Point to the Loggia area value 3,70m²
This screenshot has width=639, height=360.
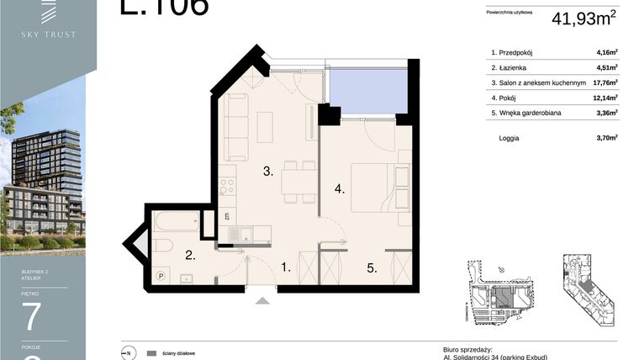(x=607, y=138)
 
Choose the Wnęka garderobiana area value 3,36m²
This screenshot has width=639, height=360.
(x=607, y=113)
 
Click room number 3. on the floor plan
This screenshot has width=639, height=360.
(x=268, y=172)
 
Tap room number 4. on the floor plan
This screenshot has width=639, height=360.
(x=340, y=189)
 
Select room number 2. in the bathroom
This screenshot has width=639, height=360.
(x=191, y=255)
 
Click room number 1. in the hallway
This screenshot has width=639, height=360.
(x=286, y=268)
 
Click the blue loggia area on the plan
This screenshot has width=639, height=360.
(x=367, y=90)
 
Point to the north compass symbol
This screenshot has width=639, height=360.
(x=128, y=352)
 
